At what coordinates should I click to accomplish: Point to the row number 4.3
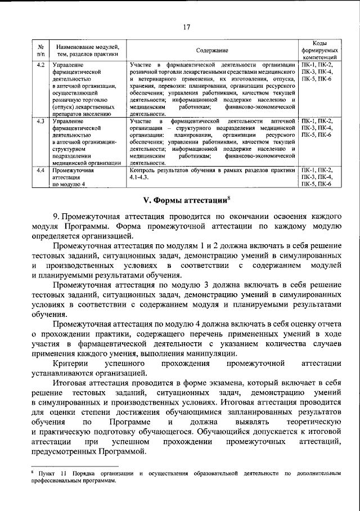click(x=40, y=121)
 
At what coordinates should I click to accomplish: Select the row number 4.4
click(x=40, y=169)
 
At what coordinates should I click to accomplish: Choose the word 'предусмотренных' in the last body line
click(x=65, y=452)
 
